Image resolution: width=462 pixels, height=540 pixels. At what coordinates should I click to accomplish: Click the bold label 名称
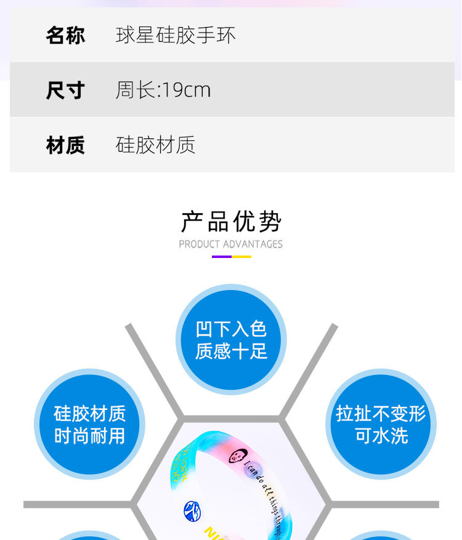pos(65,35)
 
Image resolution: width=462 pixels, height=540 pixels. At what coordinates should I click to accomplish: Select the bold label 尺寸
pos(65,91)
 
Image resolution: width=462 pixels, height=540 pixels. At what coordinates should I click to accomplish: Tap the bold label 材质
pos(65,145)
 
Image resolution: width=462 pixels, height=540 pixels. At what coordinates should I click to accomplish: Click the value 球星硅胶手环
pos(176,35)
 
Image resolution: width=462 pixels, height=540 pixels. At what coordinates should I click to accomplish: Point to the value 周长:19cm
pos(163,91)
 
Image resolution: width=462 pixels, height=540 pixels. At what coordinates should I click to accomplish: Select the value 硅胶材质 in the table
pos(155,145)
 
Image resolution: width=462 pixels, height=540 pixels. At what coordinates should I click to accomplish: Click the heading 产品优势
pos(231,222)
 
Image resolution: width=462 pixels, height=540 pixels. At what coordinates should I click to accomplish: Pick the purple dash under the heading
pos(222,256)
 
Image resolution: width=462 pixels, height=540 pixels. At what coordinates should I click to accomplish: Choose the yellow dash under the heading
pos(241,256)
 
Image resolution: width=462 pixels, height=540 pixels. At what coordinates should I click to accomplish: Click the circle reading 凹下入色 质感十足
pos(231,339)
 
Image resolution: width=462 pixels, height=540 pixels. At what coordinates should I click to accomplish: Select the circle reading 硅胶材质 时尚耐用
pos(89,424)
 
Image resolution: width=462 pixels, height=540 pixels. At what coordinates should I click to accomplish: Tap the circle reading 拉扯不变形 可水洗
pos(381,424)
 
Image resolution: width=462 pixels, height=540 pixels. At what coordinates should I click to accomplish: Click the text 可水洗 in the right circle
pos(381,436)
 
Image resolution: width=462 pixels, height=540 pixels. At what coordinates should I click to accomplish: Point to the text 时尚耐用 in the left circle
pos(89,436)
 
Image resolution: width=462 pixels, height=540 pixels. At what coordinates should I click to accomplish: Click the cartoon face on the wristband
pos(236,456)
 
